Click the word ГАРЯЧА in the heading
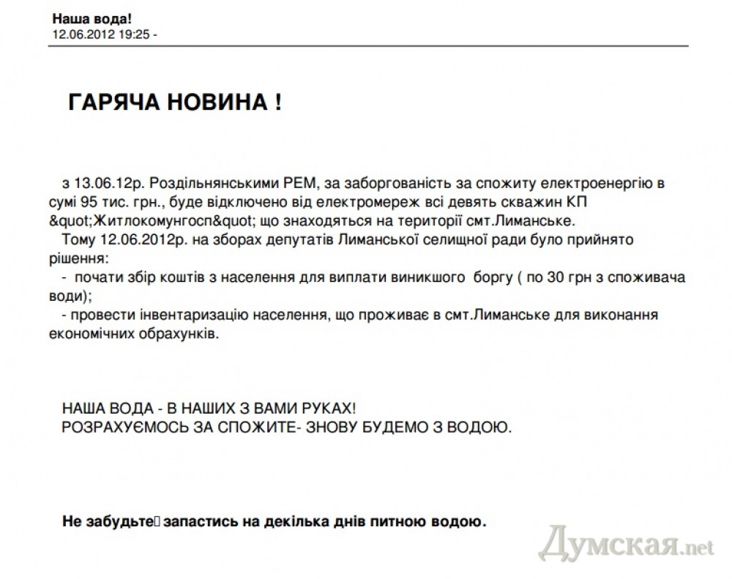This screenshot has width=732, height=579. [x=113, y=103]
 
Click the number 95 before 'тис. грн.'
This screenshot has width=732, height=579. [x=91, y=201]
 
